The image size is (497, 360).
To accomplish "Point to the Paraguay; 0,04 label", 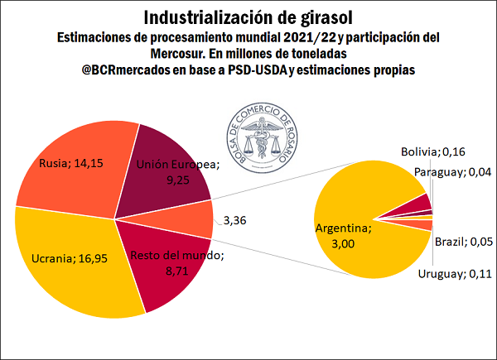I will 452,172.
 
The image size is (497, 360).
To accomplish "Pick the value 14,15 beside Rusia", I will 92,162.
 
